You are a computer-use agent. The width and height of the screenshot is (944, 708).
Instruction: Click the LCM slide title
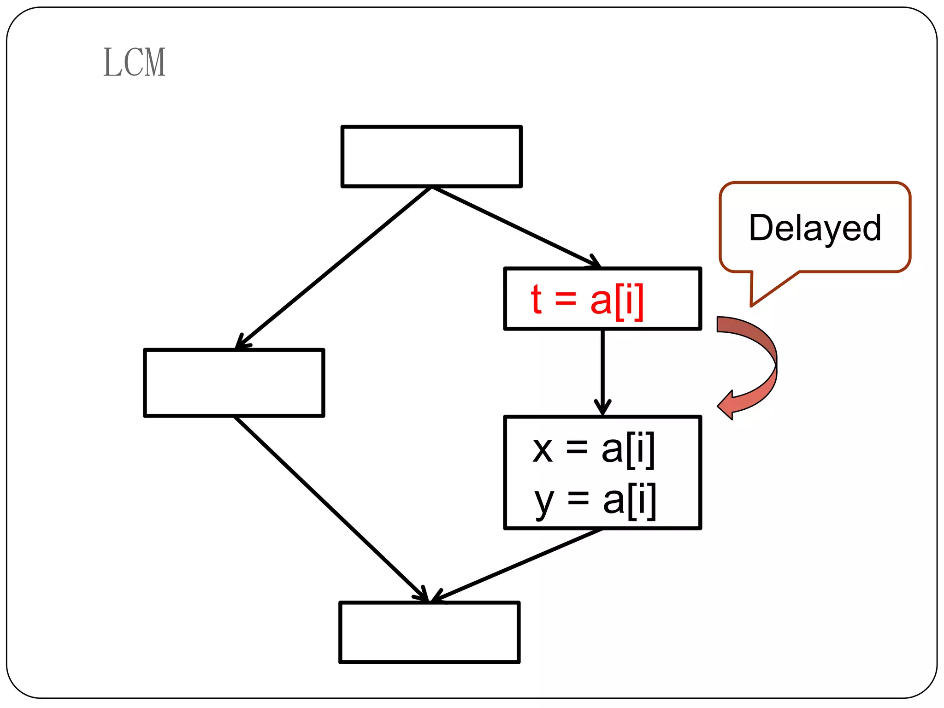[x=134, y=62]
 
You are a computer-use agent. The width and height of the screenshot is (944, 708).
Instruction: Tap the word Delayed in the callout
[x=815, y=228]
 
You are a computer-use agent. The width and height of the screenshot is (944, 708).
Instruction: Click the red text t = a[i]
[x=587, y=300]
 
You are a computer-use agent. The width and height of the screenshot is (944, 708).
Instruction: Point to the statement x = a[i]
[x=594, y=449]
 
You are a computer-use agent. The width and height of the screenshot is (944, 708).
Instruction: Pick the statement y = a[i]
[x=595, y=501]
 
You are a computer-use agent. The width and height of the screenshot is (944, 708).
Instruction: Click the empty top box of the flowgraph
[x=431, y=156]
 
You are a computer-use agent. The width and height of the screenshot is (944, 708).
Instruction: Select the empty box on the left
[x=234, y=383]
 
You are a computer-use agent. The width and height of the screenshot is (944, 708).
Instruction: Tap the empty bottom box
[x=430, y=632]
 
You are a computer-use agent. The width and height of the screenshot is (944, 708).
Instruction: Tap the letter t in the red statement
[x=536, y=300]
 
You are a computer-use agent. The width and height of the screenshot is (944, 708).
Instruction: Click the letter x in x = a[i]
[x=543, y=450]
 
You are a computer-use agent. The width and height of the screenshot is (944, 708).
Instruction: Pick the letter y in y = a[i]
[x=544, y=502]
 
